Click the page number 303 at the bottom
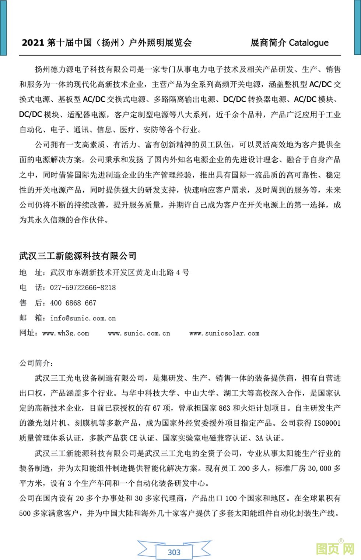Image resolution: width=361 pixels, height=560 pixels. tap(174, 552)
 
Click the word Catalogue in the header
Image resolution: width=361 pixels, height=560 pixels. tap(308, 43)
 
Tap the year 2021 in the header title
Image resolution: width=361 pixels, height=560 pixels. tap(33, 43)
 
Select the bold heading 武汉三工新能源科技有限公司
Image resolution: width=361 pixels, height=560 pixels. tap(78, 256)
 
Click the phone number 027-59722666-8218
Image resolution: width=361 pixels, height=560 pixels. tap(83, 288)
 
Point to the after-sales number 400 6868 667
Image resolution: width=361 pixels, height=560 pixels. tap(73, 303)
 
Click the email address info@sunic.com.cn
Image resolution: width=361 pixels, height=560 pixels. tap(83, 318)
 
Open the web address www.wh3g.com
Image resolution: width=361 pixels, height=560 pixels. tap(66, 333)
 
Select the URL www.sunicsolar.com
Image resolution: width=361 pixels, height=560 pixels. tap(224, 333)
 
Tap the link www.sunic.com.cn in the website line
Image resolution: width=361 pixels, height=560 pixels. tap(139, 333)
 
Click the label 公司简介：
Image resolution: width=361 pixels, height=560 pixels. tap(36, 363)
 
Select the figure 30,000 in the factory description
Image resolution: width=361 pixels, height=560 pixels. tap(319, 468)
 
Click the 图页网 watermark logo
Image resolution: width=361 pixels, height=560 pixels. tap(335, 549)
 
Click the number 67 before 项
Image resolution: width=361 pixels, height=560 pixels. tap(157, 408)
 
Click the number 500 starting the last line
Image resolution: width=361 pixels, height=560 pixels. tap(25, 513)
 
